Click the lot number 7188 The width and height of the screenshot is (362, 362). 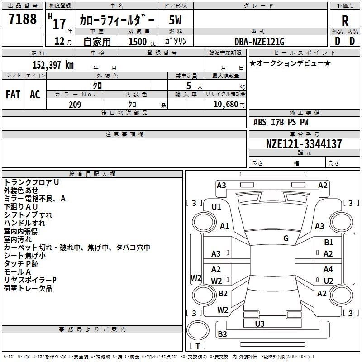[23, 19]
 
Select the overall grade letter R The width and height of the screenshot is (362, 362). [345, 20]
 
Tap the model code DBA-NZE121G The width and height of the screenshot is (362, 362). [259, 42]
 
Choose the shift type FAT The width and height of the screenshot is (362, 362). [13, 94]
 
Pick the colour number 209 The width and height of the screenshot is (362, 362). [75, 105]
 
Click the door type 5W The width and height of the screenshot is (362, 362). [176, 20]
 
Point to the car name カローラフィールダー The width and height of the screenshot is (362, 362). [117, 20]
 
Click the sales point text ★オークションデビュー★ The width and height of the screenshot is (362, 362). [290, 63]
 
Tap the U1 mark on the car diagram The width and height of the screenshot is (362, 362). [216, 207]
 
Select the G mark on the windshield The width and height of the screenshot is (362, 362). [286, 238]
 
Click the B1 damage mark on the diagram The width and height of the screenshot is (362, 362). [329, 243]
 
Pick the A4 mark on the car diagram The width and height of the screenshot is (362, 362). [328, 269]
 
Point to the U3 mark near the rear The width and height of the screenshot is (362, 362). [260, 324]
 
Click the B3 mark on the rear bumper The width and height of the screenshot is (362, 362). [222, 334]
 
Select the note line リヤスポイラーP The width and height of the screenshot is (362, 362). [30, 280]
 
